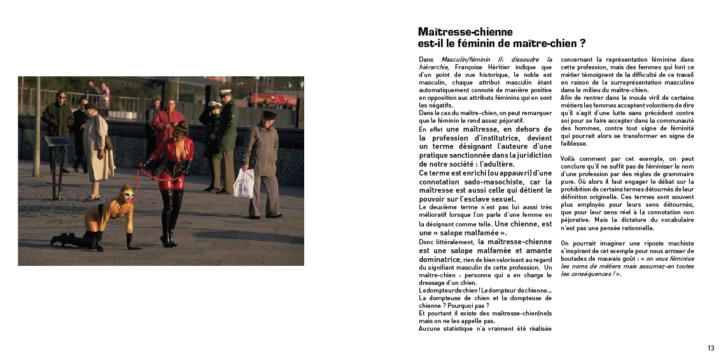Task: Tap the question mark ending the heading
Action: [x=582, y=44]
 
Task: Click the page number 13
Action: [x=711, y=348]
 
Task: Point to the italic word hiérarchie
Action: [x=433, y=67]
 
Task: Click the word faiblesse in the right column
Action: [x=574, y=144]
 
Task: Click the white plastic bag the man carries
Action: [x=244, y=183]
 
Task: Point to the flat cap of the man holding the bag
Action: [x=269, y=114]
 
